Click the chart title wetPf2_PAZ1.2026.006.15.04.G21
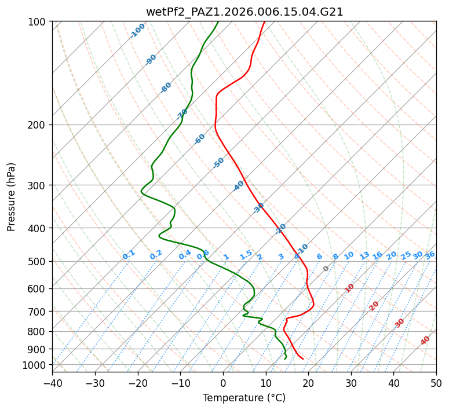click(x=244, y=12)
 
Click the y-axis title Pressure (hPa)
click(x=12, y=197)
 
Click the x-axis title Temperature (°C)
click(x=244, y=398)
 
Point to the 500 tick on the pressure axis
click(x=38, y=262)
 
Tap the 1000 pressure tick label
click(x=35, y=365)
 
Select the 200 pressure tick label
click(x=38, y=125)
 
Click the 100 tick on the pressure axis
click(x=38, y=22)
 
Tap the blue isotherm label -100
click(x=137, y=31)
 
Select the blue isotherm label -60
click(x=200, y=139)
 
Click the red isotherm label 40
click(x=425, y=341)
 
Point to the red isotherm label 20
click(x=374, y=305)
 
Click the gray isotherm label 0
click(x=326, y=269)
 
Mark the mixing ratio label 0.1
click(x=129, y=255)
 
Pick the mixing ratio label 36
click(x=430, y=255)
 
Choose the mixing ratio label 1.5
click(x=246, y=255)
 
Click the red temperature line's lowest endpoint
click(x=303, y=359)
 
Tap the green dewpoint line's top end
click(x=218, y=21)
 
